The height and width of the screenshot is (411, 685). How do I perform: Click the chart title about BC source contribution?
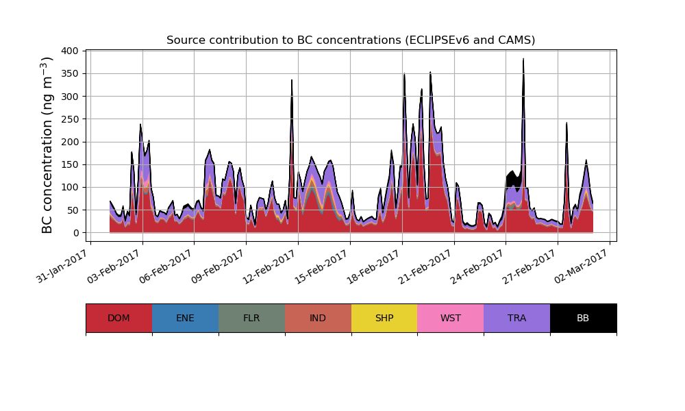pos(351,40)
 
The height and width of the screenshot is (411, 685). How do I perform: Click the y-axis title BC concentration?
pos(47,145)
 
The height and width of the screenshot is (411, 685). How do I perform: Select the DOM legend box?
pos(119,318)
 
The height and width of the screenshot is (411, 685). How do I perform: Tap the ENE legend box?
pos(185,318)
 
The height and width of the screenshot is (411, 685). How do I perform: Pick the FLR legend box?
pos(251,318)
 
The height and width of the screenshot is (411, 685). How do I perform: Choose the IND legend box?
pos(318,318)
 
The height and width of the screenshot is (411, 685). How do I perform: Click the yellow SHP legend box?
pos(384,318)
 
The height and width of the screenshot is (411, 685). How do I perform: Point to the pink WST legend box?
pos(451,318)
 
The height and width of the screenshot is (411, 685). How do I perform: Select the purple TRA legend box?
pos(517,318)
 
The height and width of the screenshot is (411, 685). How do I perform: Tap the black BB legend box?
pos(583,318)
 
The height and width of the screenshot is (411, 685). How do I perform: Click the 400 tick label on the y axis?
pos(71,51)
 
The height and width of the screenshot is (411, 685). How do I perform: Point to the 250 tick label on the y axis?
pos(71,119)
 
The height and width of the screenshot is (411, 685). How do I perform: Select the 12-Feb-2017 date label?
pos(268,265)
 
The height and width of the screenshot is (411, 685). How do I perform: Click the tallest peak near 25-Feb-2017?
pos(523,59)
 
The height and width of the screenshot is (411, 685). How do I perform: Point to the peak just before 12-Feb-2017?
pos(292,80)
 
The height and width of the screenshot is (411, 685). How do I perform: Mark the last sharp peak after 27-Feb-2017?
pos(566,123)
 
